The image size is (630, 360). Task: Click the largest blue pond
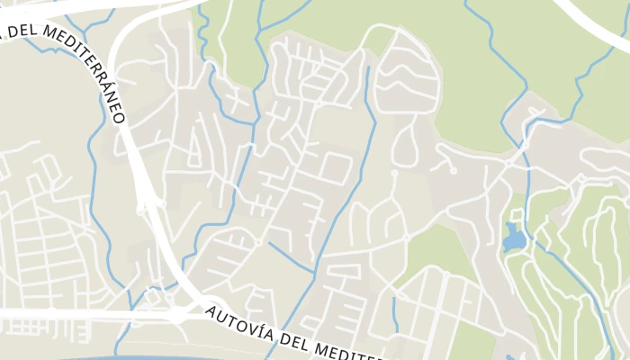click(513, 238)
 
